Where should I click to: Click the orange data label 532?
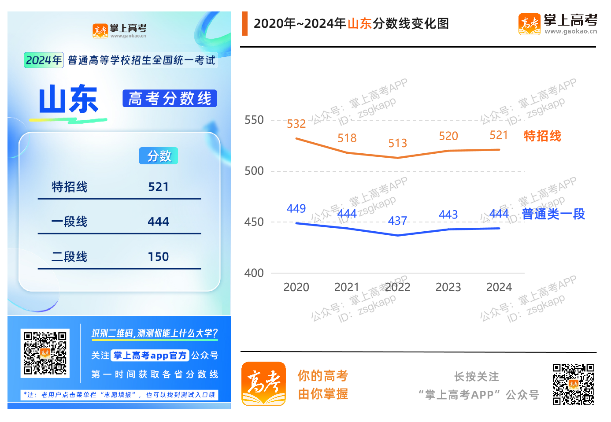point(296,124)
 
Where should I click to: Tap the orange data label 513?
point(397,143)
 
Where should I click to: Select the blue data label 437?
point(397,221)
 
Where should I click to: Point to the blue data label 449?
point(296,208)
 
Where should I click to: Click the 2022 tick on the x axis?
point(397,287)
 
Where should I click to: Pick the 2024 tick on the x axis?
point(499,287)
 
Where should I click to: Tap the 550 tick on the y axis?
point(254,120)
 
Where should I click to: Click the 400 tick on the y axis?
point(254,273)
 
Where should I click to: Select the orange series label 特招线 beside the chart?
point(542,136)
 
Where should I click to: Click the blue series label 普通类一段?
point(553,214)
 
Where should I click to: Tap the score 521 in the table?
point(159,187)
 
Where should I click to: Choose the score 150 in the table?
point(159,256)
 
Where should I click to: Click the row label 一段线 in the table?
point(70,222)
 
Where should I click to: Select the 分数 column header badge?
point(159,156)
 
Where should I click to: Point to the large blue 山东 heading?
point(69,100)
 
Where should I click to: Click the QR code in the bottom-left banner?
point(45,353)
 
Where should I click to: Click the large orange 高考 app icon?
point(263,383)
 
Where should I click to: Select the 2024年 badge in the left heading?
point(44,60)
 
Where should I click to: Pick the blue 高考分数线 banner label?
point(170,98)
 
